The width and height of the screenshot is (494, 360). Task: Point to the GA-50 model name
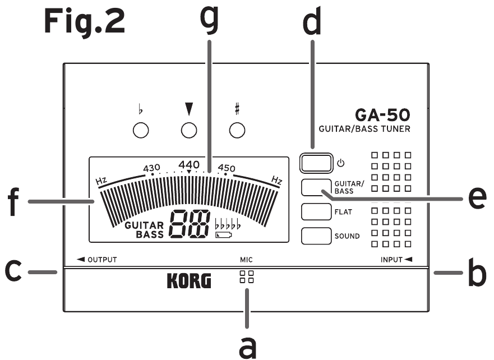(382, 116)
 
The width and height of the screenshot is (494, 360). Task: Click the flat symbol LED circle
(141, 131)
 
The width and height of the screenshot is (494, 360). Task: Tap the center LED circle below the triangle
(190, 131)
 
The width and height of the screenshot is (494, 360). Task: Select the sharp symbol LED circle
(237, 131)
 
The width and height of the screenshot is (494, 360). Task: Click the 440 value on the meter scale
(189, 164)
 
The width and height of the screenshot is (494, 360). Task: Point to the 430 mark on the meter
(152, 168)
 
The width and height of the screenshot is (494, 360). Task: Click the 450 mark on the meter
(227, 168)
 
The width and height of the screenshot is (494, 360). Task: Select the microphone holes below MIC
(246, 278)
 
